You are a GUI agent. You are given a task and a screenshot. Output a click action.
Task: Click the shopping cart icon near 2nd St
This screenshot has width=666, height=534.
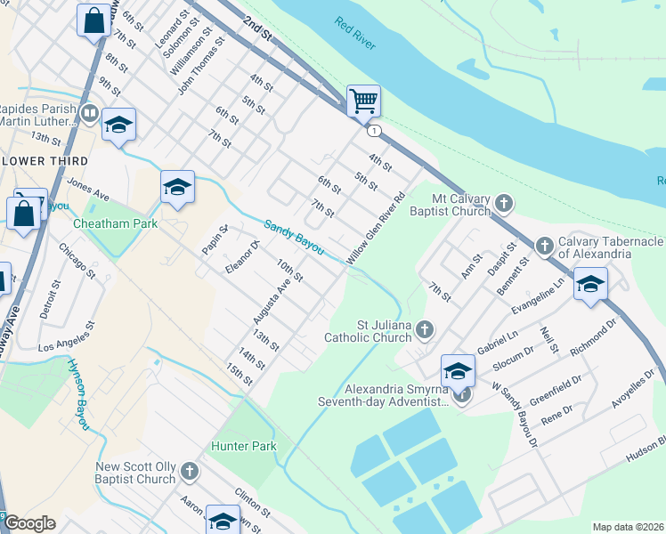pyautogui.click(x=363, y=101)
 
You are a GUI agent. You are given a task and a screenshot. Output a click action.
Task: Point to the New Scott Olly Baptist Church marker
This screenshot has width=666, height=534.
pyautogui.click(x=189, y=471)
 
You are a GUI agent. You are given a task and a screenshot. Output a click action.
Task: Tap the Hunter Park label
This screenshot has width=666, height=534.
pyautogui.click(x=243, y=446)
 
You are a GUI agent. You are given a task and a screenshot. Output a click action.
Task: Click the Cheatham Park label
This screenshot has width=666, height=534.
pyautogui.click(x=115, y=223)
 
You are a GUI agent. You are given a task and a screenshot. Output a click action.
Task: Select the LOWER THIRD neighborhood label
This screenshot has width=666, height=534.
pyautogui.click(x=45, y=161)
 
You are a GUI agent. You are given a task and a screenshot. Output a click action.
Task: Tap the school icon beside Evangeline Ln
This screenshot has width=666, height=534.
pyautogui.click(x=590, y=285)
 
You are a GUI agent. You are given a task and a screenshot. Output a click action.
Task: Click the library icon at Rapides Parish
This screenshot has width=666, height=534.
pyautogui.click(x=89, y=113)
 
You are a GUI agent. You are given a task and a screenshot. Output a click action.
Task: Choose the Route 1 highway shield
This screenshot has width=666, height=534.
pyautogui.click(x=376, y=131)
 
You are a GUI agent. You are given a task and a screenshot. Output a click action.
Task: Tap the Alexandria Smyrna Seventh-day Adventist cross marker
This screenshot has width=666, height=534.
pyautogui.click(x=460, y=397)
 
